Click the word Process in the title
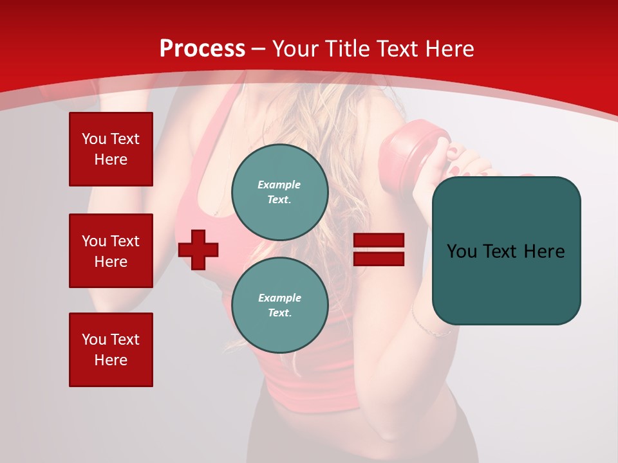pyautogui.click(x=202, y=49)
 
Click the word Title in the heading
pyautogui.click(x=348, y=49)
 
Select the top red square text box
pyautogui.click(x=111, y=149)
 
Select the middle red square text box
pyautogui.click(x=111, y=251)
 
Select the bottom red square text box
pyautogui.click(x=111, y=350)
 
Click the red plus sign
pyautogui.click(x=198, y=250)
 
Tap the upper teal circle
pyautogui.click(x=279, y=192)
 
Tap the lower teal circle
pyautogui.click(x=279, y=305)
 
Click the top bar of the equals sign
pyautogui.click(x=379, y=241)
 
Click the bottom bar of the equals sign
pyautogui.click(x=379, y=259)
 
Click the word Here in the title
pyautogui.click(x=449, y=49)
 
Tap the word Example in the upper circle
pyautogui.click(x=279, y=185)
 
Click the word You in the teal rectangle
pyautogui.click(x=462, y=251)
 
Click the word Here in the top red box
pyautogui.click(x=111, y=159)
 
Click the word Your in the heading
pyautogui.click(x=295, y=49)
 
